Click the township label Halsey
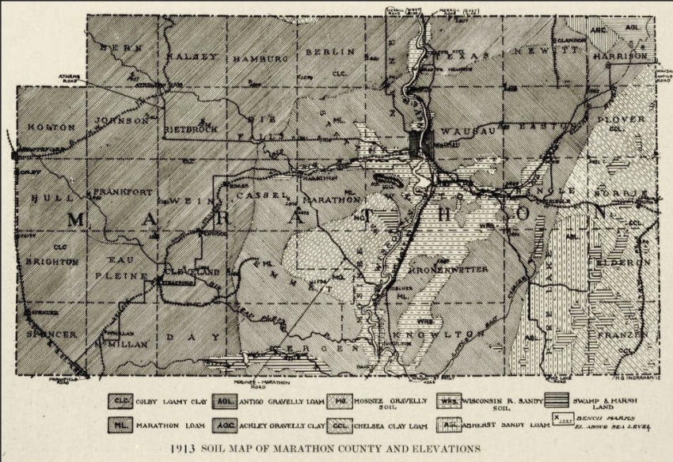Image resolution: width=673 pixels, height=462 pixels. [x=191, y=56]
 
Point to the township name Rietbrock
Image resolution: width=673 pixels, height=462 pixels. [x=189, y=127]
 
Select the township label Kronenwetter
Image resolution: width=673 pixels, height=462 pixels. [x=448, y=269]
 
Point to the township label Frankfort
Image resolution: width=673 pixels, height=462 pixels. [x=122, y=191]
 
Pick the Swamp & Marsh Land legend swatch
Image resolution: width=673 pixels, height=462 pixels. [x=559, y=401]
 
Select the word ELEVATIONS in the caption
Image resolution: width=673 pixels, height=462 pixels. [x=443, y=448]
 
